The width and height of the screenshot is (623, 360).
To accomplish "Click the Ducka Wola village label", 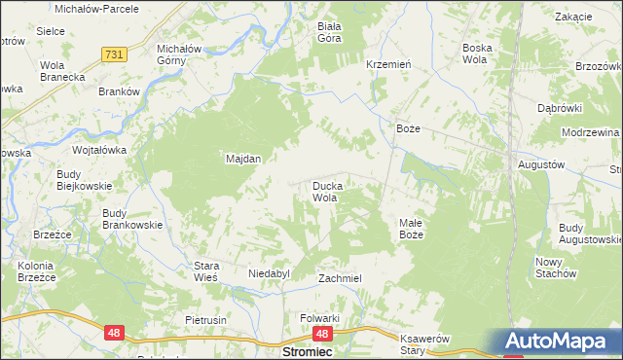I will pyautogui.click(x=324, y=191).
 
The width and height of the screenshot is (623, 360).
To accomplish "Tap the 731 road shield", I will pyautogui.click(x=113, y=56).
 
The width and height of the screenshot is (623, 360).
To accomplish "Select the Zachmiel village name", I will pyautogui.click(x=341, y=278).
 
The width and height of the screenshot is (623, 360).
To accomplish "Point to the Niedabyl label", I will pyautogui.click(x=270, y=274).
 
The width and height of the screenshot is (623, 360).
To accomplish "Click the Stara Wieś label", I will pyautogui.click(x=205, y=271).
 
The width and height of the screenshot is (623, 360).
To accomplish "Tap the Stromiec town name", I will pyautogui.click(x=308, y=352).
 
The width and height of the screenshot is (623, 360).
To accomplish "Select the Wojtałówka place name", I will pyautogui.click(x=100, y=151).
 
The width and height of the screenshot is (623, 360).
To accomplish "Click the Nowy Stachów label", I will pyautogui.click(x=556, y=268).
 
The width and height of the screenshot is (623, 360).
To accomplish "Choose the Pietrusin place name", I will pyautogui.click(x=205, y=319).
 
